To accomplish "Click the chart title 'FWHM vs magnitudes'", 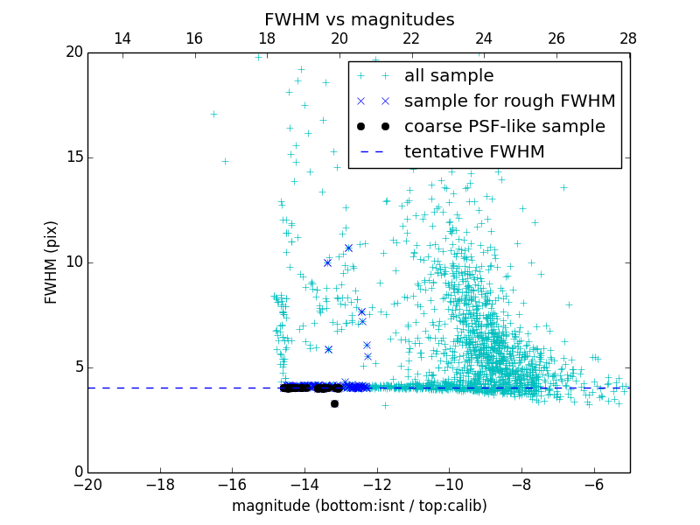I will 359,19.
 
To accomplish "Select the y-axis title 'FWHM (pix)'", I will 52,262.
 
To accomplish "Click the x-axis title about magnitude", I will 359,506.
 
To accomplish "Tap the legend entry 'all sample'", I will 449,76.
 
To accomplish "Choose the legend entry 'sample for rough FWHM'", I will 509,101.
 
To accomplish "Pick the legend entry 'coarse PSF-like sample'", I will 504,127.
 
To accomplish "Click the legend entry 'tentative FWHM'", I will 474,152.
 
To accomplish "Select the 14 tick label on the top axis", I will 122,38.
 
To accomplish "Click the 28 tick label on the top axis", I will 628,38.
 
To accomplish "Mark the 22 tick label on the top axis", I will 411,38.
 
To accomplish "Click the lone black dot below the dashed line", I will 334,403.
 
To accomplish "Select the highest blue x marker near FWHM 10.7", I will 348,248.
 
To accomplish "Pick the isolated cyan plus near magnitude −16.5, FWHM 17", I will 213,114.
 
